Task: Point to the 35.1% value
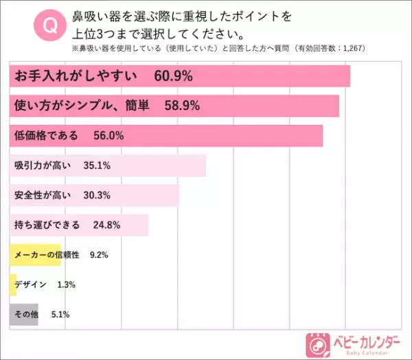pos(95,166)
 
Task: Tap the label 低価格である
pos(46,135)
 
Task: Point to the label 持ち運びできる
pos(47,225)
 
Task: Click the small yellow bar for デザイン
pos(12,284)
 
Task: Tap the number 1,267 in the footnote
pos(352,48)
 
